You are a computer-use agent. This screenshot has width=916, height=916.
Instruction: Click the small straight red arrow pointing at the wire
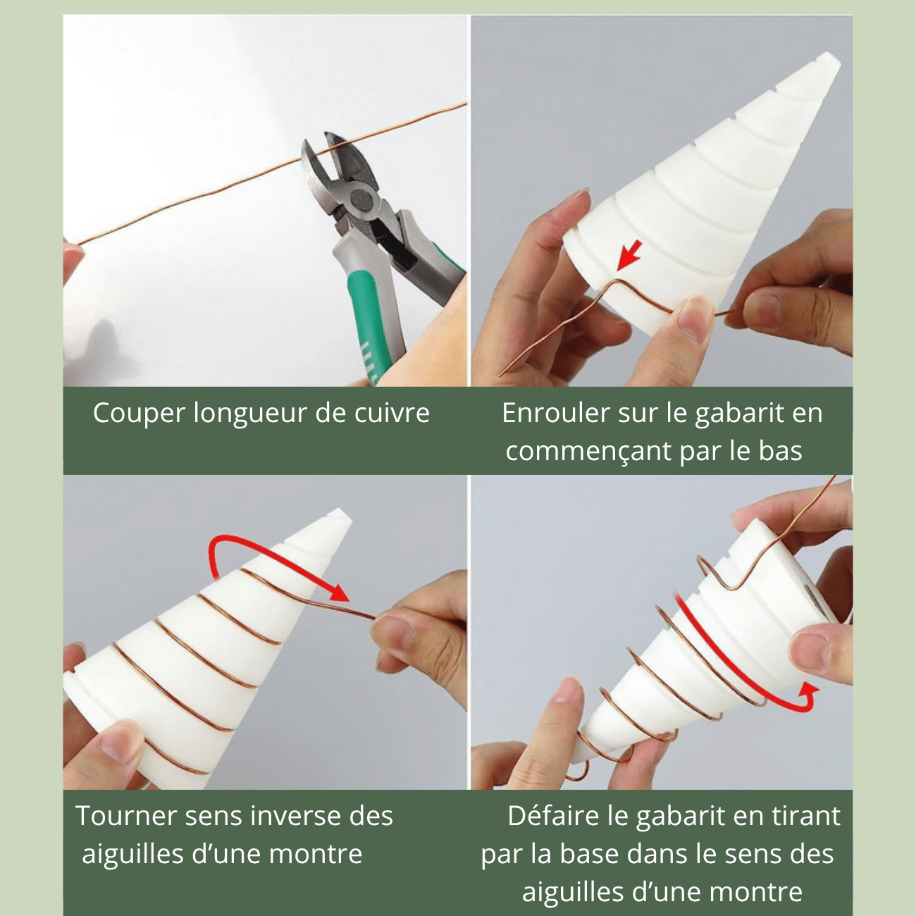tap(628, 255)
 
